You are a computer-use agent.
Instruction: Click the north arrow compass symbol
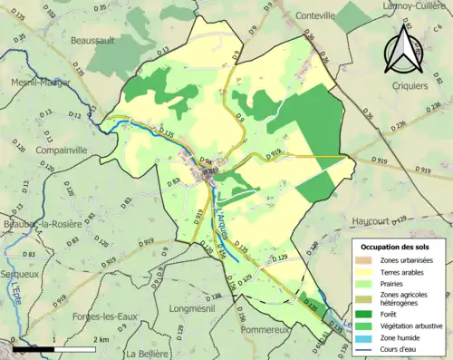click(401, 50)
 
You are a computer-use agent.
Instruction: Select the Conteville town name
click(313, 16)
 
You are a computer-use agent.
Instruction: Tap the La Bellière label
click(149, 353)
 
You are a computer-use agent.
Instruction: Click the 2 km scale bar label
click(101, 339)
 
